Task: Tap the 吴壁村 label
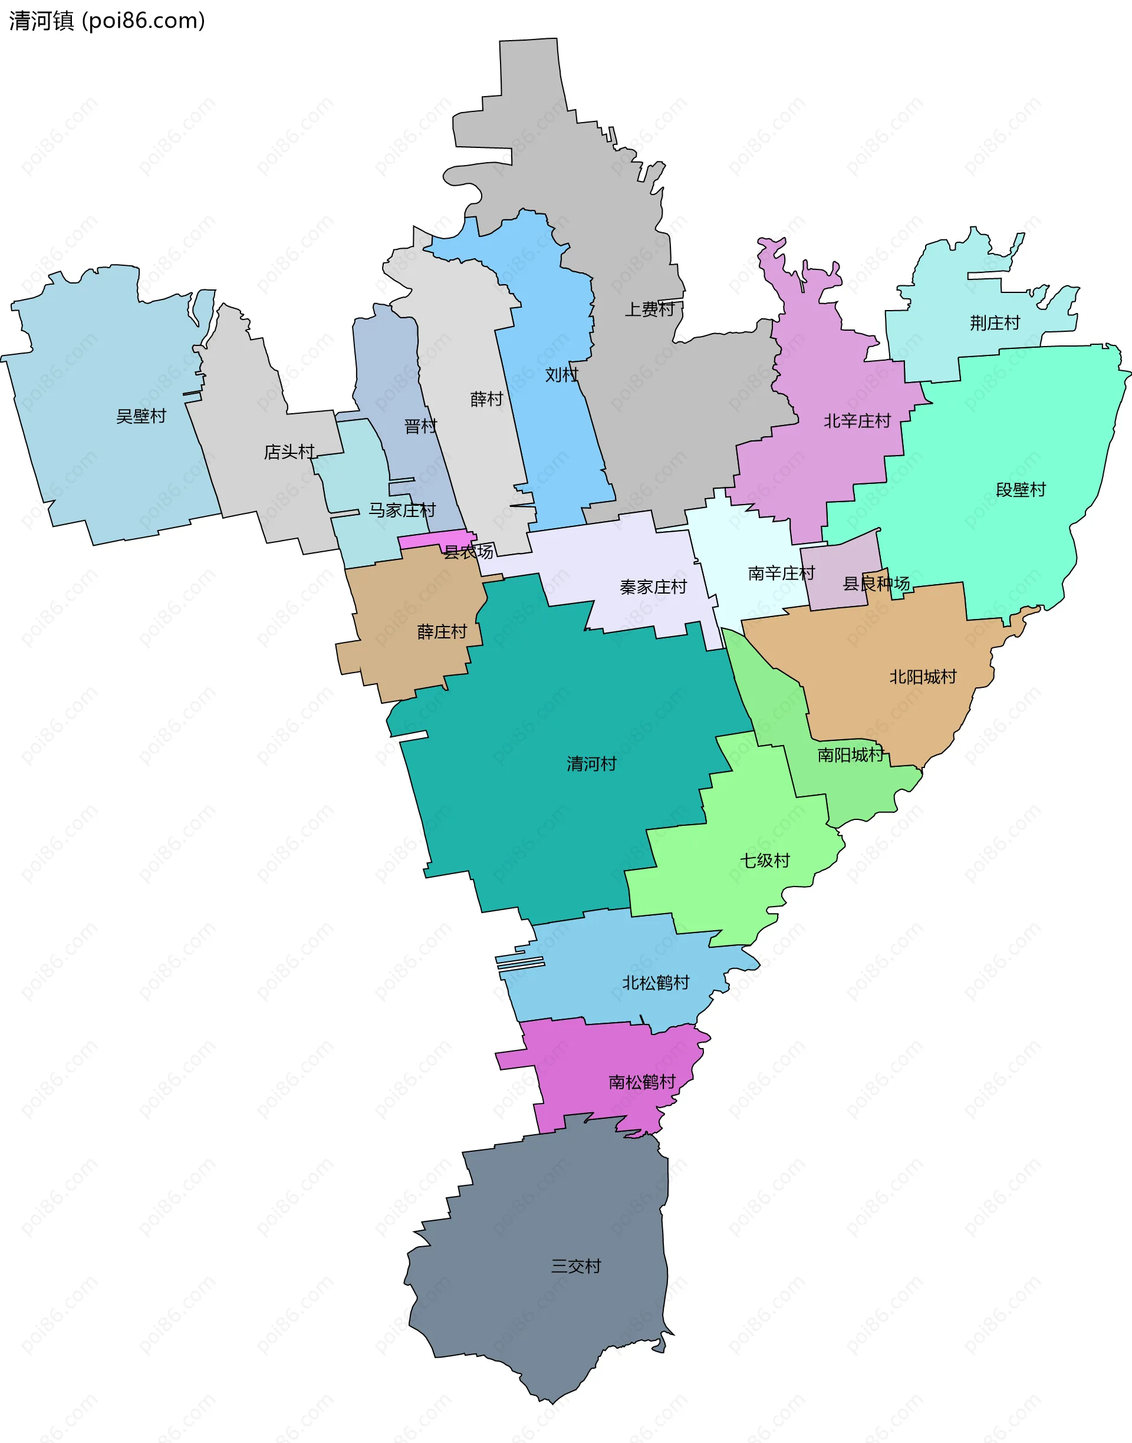(141, 416)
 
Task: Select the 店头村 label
(289, 452)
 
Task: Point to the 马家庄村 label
(402, 510)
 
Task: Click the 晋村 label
(421, 426)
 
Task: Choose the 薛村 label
(486, 399)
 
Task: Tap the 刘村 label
(561, 375)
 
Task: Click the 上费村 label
(650, 309)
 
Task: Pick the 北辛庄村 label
(857, 421)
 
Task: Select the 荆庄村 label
(995, 323)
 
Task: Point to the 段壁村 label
(1021, 490)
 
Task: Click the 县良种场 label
(876, 584)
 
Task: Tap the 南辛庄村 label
(781, 573)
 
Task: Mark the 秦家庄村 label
(653, 587)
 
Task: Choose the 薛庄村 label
(442, 632)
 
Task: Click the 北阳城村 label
(923, 677)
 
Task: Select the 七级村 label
(765, 861)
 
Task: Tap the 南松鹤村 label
(641, 1082)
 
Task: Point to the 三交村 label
(576, 1266)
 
